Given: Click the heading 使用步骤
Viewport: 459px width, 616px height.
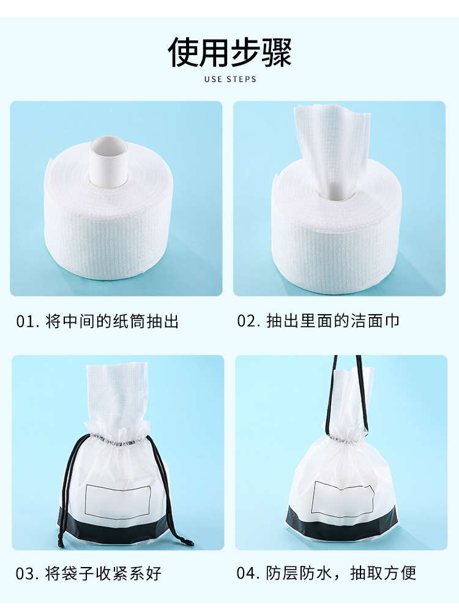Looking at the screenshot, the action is [x=229, y=52].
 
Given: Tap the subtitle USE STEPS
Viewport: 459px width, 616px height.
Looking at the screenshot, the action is [x=230, y=80].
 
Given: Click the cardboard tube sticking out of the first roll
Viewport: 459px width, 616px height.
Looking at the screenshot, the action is [x=109, y=160].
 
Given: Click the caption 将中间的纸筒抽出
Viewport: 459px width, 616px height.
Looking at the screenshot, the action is [x=112, y=321].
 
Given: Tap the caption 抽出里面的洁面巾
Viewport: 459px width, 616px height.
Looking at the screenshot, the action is [x=333, y=321].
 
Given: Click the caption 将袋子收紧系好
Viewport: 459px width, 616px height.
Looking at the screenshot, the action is [x=103, y=574].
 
